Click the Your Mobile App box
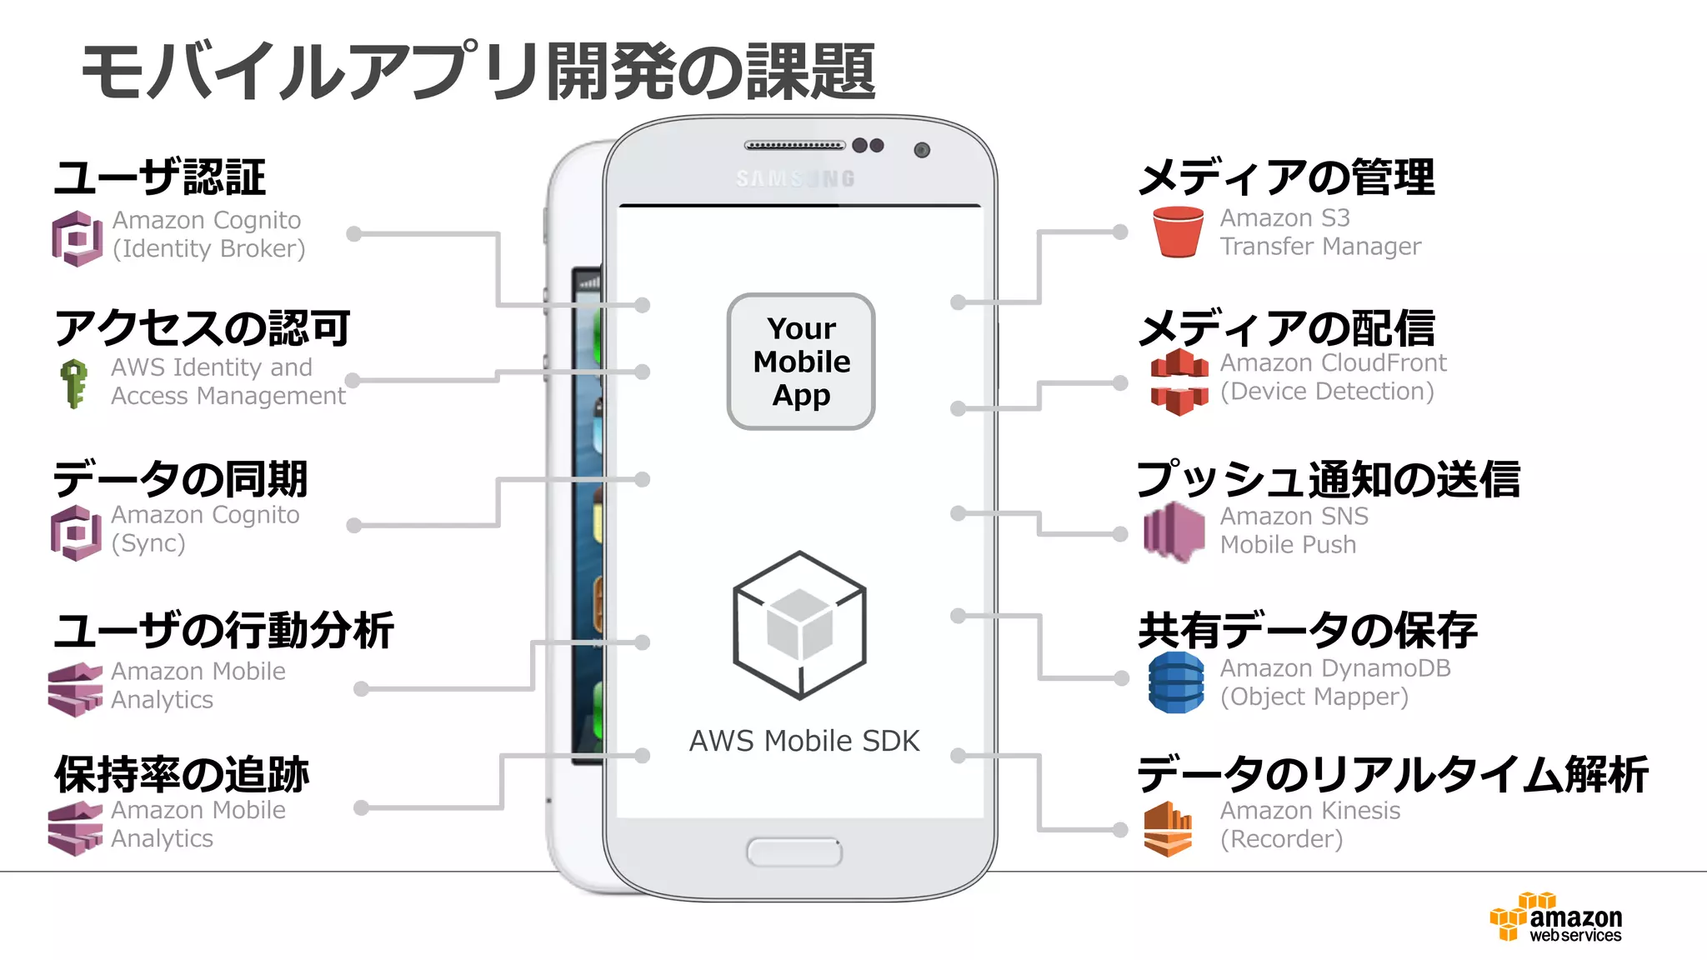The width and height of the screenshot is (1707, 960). coord(801,362)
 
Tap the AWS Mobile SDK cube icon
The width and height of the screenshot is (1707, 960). coord(799,625)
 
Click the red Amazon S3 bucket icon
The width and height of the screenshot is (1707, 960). coord(1178,232)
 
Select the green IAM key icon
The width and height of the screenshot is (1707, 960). coord(74,383)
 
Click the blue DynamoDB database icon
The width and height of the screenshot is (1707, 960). coord(1175,682)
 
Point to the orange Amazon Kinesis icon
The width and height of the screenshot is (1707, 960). coord(1168,828)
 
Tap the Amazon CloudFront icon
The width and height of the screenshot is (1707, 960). coord(1179,382)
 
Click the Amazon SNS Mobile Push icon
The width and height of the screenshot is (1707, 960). coord(1174,532)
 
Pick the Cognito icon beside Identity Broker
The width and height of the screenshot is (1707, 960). coord(77,238)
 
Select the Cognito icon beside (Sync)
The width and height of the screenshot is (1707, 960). coord(76,532)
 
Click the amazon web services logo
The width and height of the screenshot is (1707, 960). coord(1556,917)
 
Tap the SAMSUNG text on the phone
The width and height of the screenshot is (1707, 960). coord(795,178)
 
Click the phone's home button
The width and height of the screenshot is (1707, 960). coord(794,852)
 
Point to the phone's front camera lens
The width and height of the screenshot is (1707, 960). coord(921,150)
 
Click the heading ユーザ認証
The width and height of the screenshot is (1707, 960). coord(159,177)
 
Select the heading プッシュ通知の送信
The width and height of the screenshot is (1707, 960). coord(1328,479)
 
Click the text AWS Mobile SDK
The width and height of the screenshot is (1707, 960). coord(803,741)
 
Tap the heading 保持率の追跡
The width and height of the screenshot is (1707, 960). coord(182,774)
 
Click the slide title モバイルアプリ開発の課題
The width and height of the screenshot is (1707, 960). coord(478,72)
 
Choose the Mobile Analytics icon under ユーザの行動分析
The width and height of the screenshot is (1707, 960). coord(76,689)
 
